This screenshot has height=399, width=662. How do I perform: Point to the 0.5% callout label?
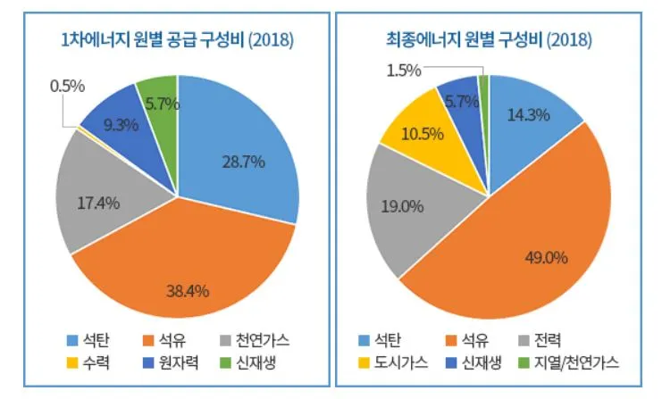click(67, 86)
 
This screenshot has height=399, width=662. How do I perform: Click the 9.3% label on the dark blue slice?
click(121, 125)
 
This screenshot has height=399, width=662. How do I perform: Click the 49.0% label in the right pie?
click(547, 258)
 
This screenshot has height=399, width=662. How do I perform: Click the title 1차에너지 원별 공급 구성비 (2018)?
click(177, 40)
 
